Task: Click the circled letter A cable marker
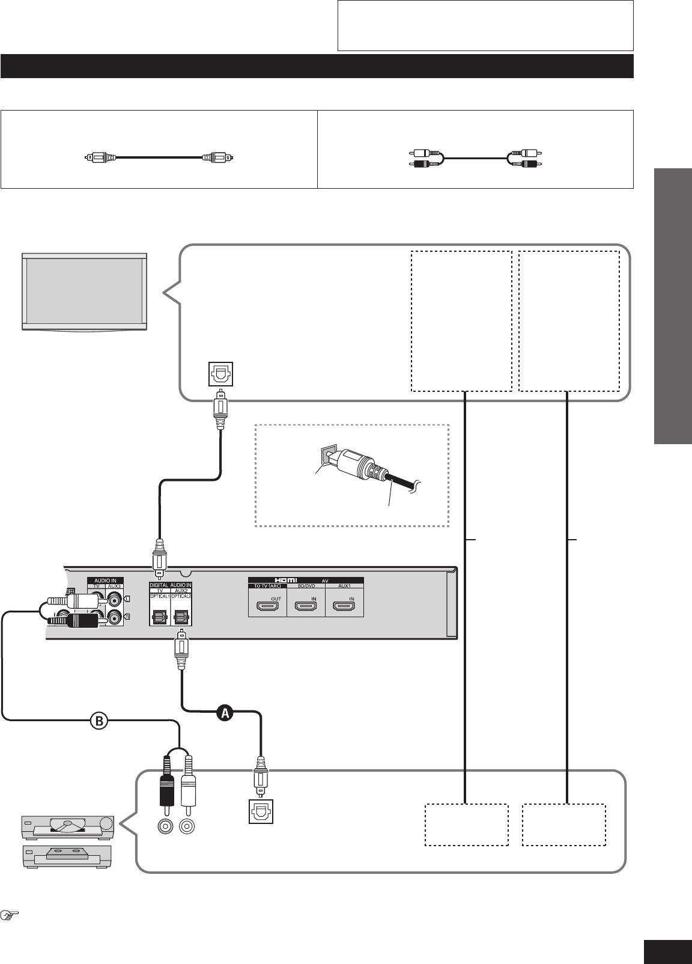pyautogui.click(x=225, y=713)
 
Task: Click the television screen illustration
pyautogui.click(x=83, y=291)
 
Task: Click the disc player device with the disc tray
pyautogui.click(x=67, y=827)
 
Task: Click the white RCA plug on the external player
pyautogui.click(x=188, y=784)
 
